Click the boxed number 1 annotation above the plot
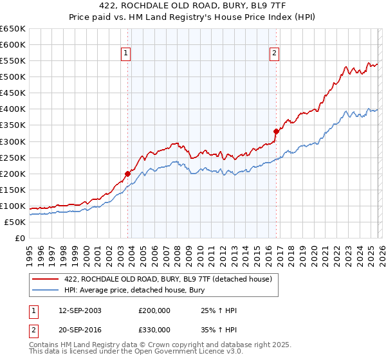pyautogui.click(x=125, y=53)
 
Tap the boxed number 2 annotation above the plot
pyautogui.click(x=275, y=53)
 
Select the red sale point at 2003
pyautogui.click(x=128, y=174)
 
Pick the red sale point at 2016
pyautogui.click(x=276, y=131)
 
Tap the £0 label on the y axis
pyautogui.click(x=19, y=238)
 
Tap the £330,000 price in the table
pyautogui.click(x=154, y=329)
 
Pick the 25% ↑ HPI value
pyautogui.click(x=219, y=310)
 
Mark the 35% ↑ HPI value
pyautogui.click(x=219, y=329)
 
